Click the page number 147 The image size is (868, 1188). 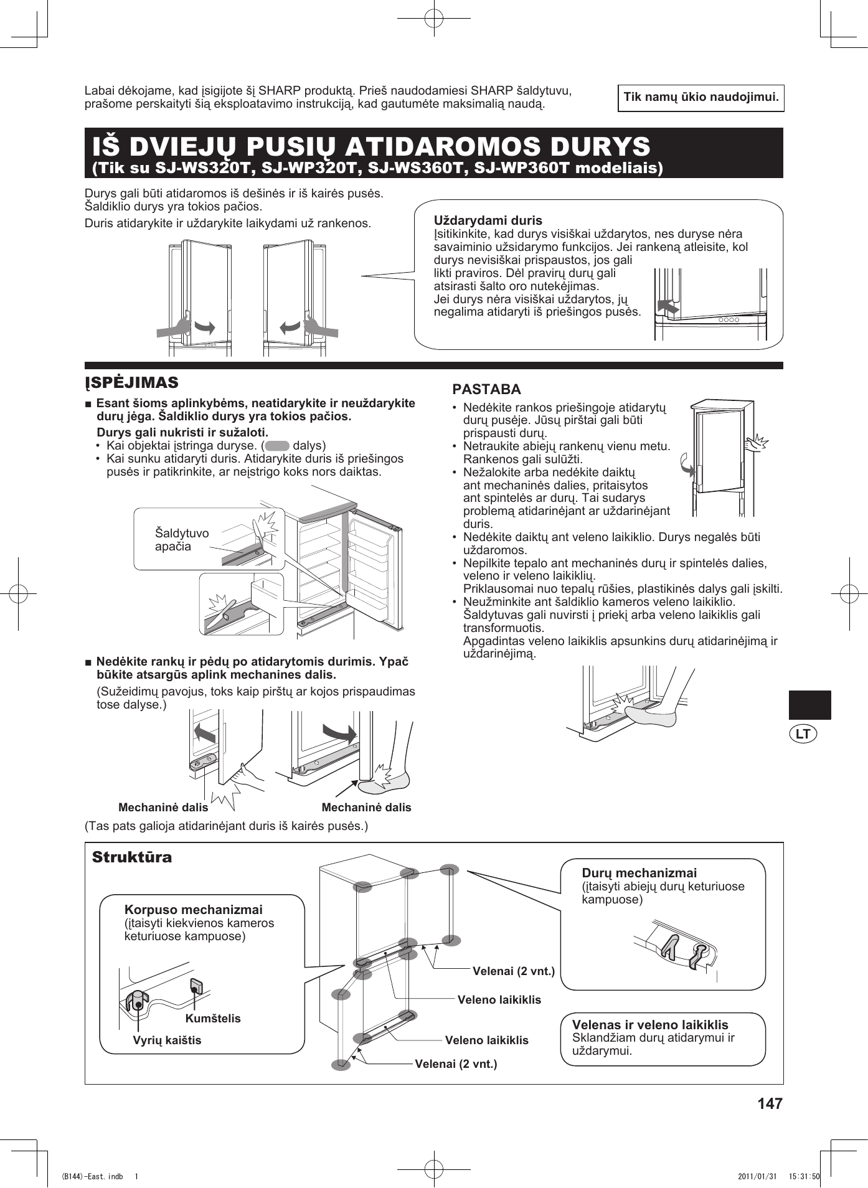[x=770, y=1103]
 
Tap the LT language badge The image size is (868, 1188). [x=803, y=733]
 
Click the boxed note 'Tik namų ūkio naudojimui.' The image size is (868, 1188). [x=701, y=98]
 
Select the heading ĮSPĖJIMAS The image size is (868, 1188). [x=132, y=383]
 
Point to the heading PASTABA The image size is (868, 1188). [x=486, y=389]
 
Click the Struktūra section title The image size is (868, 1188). [x=132, y=857]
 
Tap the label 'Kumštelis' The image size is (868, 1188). [x=213, y=1019]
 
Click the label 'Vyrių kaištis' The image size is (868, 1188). [x=167, y=1040]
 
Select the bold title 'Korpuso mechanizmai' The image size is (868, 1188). [x=194, y=910]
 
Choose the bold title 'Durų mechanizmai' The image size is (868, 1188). [x=639, y=873]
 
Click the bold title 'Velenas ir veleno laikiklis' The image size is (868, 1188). [x=650, y=1025]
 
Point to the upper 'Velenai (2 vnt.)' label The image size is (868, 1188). [x=514, y=971]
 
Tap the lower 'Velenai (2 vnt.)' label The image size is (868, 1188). [x=456, y=1064]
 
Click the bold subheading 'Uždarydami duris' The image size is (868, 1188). [x=488, y=220]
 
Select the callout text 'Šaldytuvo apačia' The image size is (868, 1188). [x=182, y=540]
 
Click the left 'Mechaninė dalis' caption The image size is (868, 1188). [x=163, y=808]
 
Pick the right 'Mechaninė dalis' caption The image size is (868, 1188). [x=366, y=808]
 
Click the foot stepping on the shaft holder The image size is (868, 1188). [x=654, y=715]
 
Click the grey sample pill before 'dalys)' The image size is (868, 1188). [x=277, y=446]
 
